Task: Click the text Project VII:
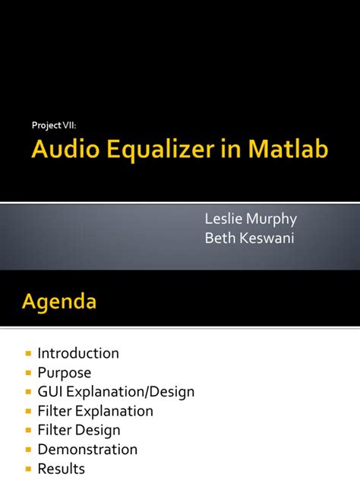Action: click(x=54, y=125)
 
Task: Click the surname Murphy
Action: click(x=274, y=220)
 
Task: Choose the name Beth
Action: click(x=220, y=239)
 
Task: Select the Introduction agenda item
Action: click(x=78, y=353)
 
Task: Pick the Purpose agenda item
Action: click(x=65, y=373)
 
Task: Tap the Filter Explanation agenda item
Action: click(x=96, y=411)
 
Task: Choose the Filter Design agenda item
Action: click(x=80, y=431)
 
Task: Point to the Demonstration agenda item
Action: click(x=87, y=450)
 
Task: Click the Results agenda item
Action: click(x=61, y=469)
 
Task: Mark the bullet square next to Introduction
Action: click(x=29, y=354)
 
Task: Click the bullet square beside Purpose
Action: click(x=29, y=373)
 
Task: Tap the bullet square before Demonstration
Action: click(x=29, y=450)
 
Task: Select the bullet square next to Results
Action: click(x=29, y=469)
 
